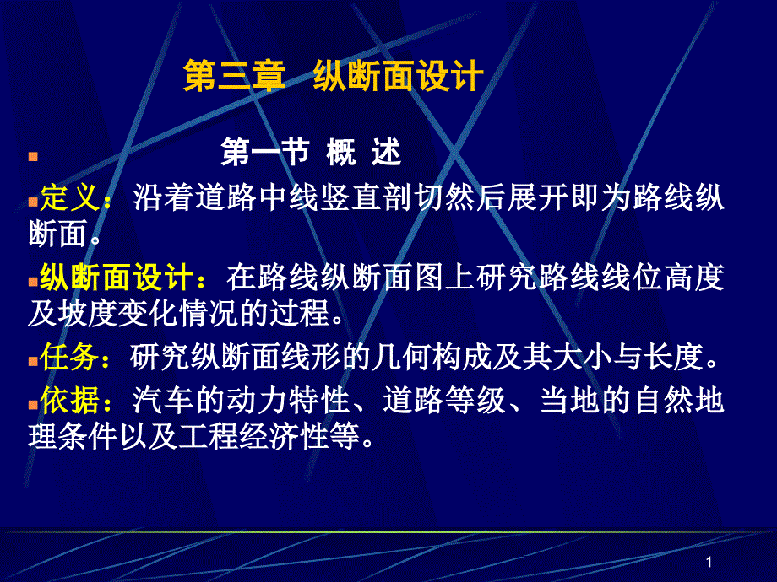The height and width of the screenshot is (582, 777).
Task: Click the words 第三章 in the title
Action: (x=235, y=76)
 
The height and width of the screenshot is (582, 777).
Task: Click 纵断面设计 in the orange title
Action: (x=399, y=76)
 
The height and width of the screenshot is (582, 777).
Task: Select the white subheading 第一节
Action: (x=265, y=152)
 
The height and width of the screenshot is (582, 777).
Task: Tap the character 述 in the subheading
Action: (x=387, y=152)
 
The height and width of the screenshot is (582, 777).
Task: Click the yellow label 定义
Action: (x=70, y=197)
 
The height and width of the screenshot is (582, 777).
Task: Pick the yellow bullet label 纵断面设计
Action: (x=117, y=277)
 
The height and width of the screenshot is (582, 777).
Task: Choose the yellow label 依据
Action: (x=70, y=400)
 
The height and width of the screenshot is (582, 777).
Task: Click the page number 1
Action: (x=709, y=562)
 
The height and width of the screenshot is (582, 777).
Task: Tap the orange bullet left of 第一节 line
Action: (x=33, y=157)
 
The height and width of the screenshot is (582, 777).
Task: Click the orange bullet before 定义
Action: (x=33, y=202)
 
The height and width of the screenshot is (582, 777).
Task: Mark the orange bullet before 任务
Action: (x=33, y=361)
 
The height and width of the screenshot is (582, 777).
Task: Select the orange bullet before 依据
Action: (x=33, y=405)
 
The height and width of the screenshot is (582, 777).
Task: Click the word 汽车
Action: (x=163, y=400)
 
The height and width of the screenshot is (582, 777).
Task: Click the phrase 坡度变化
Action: (x=117, y=314)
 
